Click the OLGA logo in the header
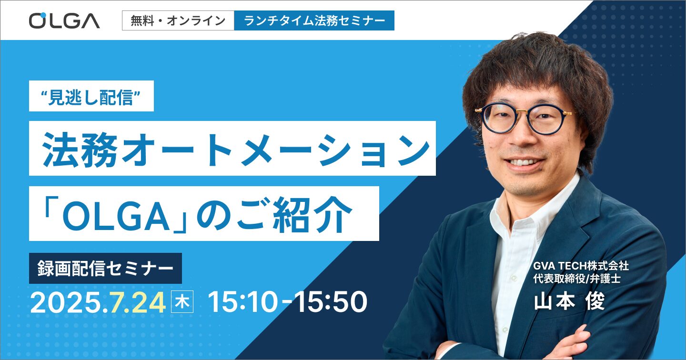point(64,20)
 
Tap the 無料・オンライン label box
point(178,20)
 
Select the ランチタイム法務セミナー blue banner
point(314,20)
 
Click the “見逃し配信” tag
point(91,96)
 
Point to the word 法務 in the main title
point(80,150)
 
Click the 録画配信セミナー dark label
point(105,268)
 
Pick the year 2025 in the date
point(65,302)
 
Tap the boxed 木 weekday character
point(182,301)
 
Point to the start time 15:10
point(243,302)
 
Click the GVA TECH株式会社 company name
point(581,266)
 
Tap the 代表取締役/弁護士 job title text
point(577,279)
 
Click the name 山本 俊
point(570,301)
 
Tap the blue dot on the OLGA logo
point(43,15)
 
